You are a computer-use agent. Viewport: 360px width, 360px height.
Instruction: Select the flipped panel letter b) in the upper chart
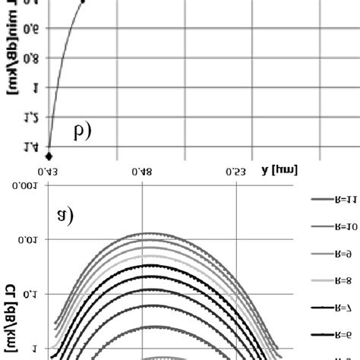82,131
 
